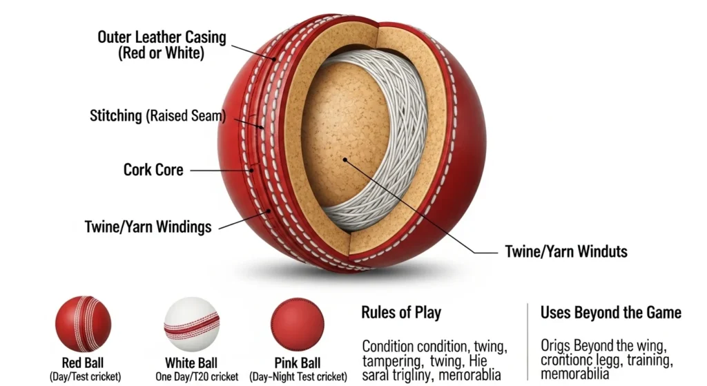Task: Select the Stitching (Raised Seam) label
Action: [x=158, y=115]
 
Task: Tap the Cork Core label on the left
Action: [x=153, y=169]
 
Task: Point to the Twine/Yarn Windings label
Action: [x=148, y=226]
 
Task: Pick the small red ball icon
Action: [x=84, y=323]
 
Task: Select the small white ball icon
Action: [x=191, y=324]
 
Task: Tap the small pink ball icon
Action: [x=298, y=323]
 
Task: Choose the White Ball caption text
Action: [x=191, y=363]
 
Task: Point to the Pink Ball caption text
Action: [x=297, y=363]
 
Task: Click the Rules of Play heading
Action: [x=401, y=313]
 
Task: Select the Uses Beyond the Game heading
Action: [x=610, y=313]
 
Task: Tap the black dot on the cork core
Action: [x=344, y=160]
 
